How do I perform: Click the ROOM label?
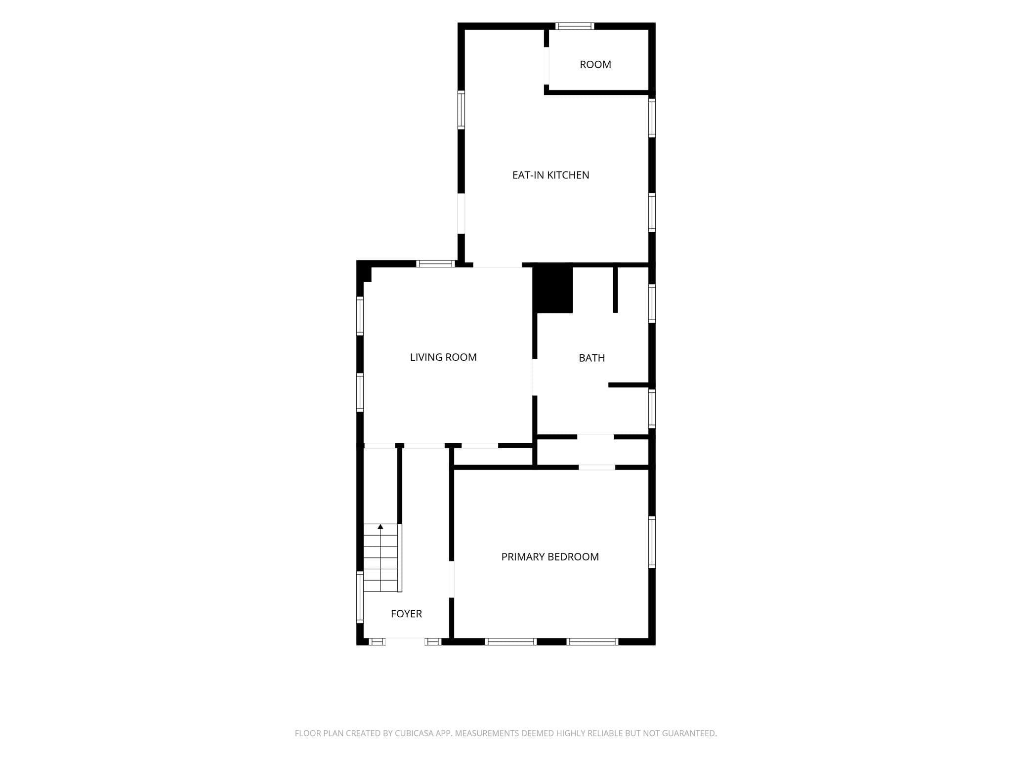[x=595, y=65]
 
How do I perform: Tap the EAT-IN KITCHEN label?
[x=550, y=175]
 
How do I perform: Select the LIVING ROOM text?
[x=443, y=357]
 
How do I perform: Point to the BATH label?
[x=591, y=358]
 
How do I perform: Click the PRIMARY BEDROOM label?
[x=550, y=557]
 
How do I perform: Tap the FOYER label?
[x=406, y=614]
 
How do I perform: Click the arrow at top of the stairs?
[x=380, y=527]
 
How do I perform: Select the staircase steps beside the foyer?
[x=380, y=557]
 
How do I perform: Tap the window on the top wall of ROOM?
[x=574, y=26]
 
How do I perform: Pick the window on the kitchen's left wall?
[x=461, y=110]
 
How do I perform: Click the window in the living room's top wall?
[x=435, y=264]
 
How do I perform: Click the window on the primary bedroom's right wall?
[x=652, y=542]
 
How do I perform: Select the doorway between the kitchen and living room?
[x=498, y=265]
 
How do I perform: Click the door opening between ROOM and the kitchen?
[x=547, y=66]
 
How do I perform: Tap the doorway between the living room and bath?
[x=534, y=378]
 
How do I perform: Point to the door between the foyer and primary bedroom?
[x=452, y=580]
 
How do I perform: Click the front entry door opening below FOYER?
[x=405, y=641]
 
